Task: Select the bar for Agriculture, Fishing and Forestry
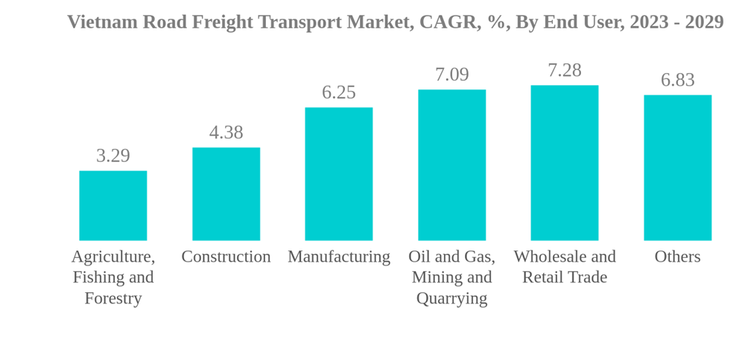113,206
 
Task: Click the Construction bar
226,194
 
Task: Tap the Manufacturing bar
339,174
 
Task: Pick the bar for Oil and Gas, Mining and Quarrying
451,165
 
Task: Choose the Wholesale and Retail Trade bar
565,162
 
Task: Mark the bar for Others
677,168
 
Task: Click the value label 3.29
113,156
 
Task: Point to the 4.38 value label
226,133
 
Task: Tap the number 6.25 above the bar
339,92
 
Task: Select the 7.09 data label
451,75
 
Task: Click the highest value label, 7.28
565,70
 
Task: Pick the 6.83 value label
677,80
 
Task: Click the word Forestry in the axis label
113,298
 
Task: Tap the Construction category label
226,256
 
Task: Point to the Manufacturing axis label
339,256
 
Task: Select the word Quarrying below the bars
451,298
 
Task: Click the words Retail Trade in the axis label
565,277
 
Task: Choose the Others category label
677,256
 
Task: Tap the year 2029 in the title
704,22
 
